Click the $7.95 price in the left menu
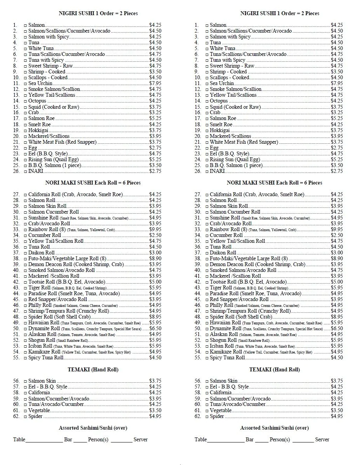(155, 84)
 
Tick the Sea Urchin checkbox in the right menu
(207, 84)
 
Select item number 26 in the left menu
(16, 171)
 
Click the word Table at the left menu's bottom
(19, 440)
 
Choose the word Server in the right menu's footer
(322, 440)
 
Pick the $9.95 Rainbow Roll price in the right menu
(337, 230)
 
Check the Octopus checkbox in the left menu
(26, 101)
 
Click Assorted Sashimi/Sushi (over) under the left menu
(93, 428)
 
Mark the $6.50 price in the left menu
(155, 329)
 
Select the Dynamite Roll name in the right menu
(224, 329)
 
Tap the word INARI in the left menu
(36, 171)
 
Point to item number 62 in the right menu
(198, 416)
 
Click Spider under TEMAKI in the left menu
(35, 416)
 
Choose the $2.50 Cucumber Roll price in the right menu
(337, 235)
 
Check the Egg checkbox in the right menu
(207, 148)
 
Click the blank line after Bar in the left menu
(80, 441)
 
